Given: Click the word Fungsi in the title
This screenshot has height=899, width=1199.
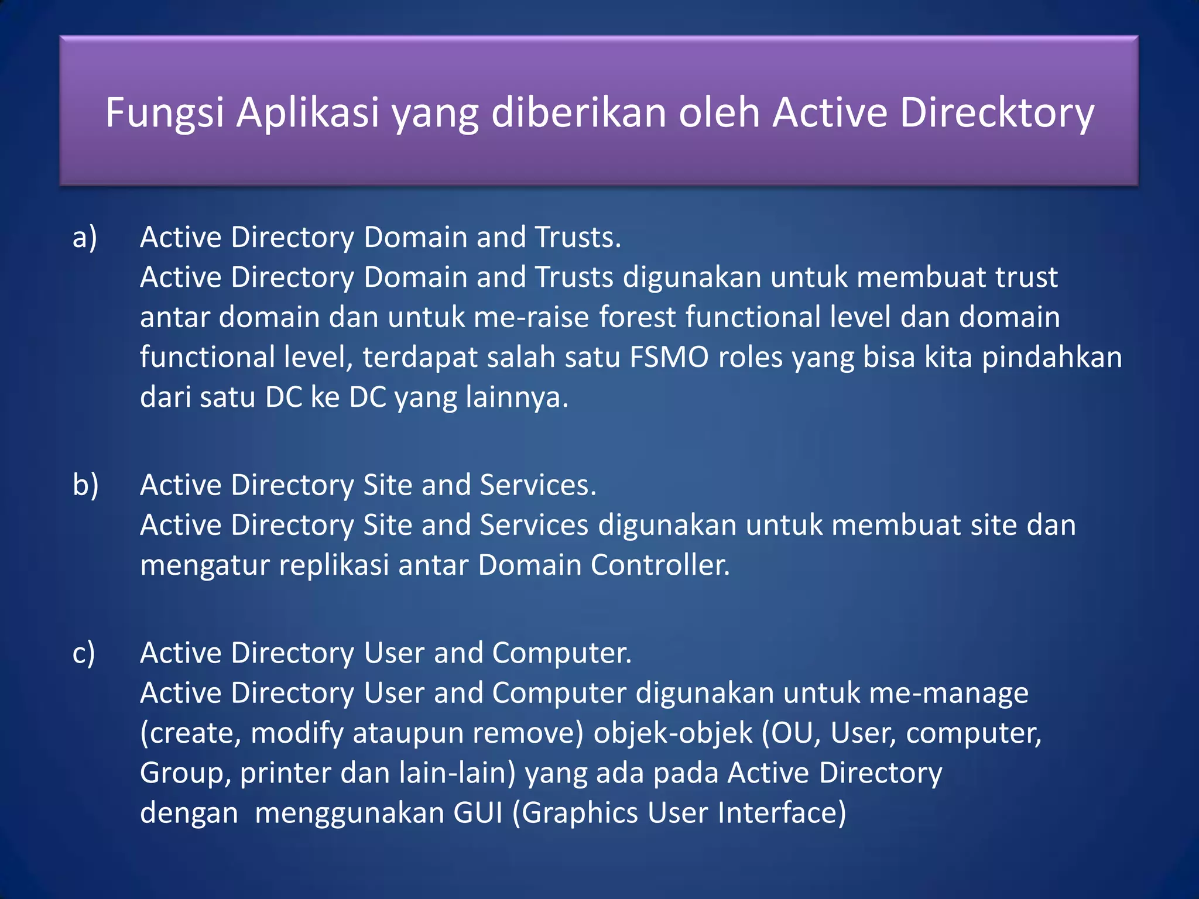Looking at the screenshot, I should coord(165,113).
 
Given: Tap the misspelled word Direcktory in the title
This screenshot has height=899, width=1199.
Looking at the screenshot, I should coord(996,113).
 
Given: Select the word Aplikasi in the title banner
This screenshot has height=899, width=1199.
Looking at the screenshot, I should coord(308,113).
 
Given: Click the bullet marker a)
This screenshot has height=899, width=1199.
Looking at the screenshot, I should coord(85,238).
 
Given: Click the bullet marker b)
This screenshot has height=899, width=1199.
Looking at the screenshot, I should coord(85,485).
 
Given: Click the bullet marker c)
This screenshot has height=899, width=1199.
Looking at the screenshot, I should coord(84,653).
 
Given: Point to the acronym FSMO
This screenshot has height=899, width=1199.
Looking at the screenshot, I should coord(669,358).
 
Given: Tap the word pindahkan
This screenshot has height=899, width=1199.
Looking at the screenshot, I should coord(1051,358).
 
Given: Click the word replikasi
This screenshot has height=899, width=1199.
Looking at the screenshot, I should coord(334,566).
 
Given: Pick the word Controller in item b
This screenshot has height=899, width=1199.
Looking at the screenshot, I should coord(660,566).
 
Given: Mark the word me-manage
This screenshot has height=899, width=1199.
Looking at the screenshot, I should coord(948,694).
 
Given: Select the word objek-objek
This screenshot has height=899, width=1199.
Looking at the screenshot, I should coord(673,734).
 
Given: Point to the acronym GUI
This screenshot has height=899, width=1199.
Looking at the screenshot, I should coord(478,814).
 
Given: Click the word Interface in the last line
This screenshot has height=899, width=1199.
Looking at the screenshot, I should coord(782,814).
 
